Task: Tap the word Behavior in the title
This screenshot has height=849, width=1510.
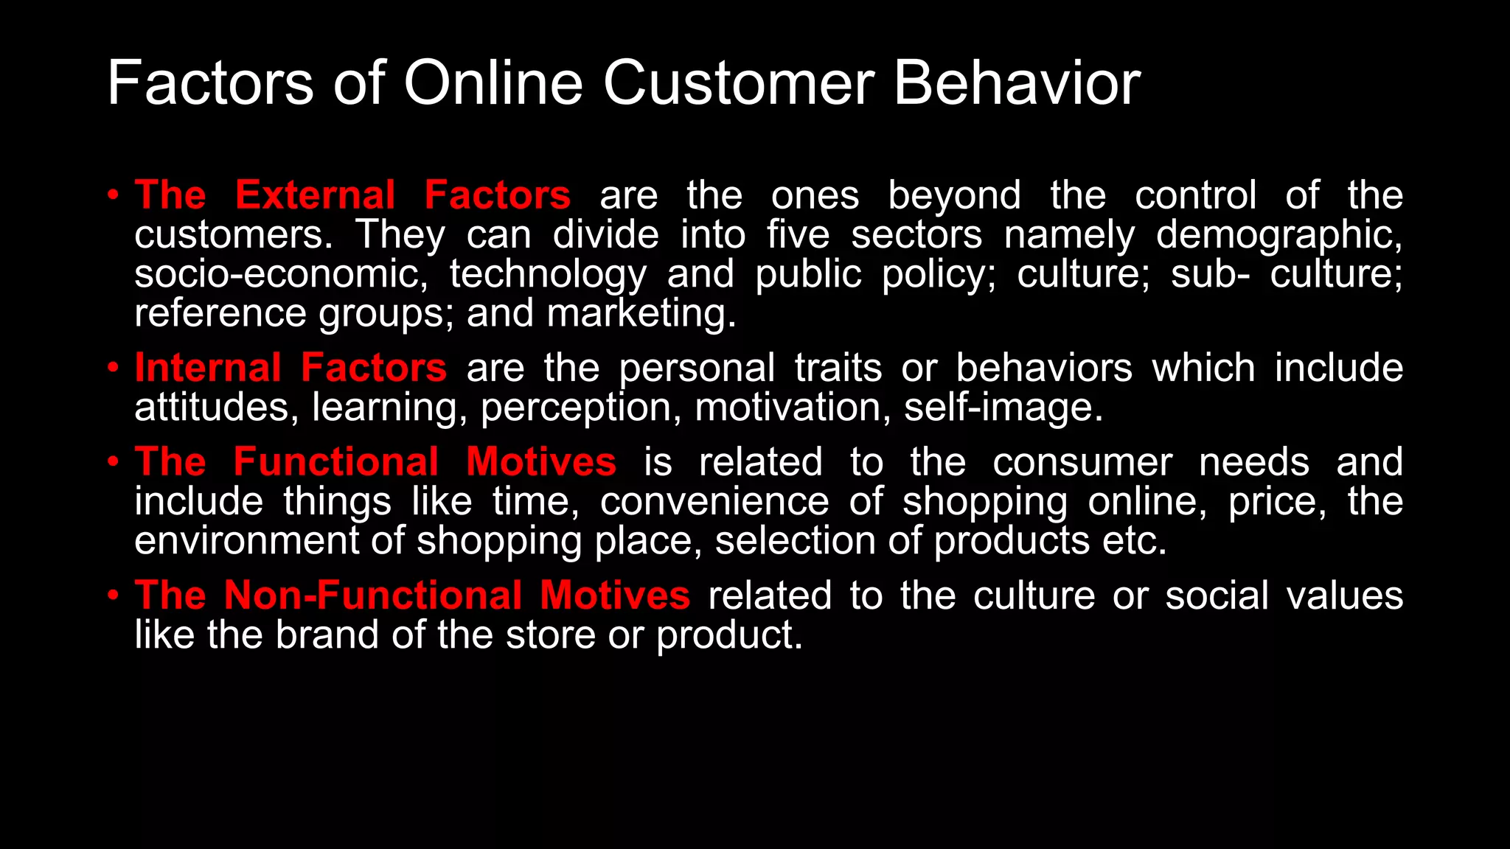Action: [1017, 83]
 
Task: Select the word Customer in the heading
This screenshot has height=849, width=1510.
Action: [739, 83]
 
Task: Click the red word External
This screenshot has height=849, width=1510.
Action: [315, 195]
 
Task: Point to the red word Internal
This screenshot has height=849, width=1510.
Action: [208, 368]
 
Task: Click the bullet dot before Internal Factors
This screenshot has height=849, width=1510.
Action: [113, 367]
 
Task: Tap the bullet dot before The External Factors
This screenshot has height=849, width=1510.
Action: [113, 195]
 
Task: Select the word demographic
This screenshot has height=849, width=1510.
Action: [1278, 236]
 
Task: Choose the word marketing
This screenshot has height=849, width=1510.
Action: [641, 314]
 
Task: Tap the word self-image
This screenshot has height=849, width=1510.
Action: [1003, 408]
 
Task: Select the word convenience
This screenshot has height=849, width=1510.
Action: [714, 502]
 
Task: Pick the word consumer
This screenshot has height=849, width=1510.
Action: [1082, 463]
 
